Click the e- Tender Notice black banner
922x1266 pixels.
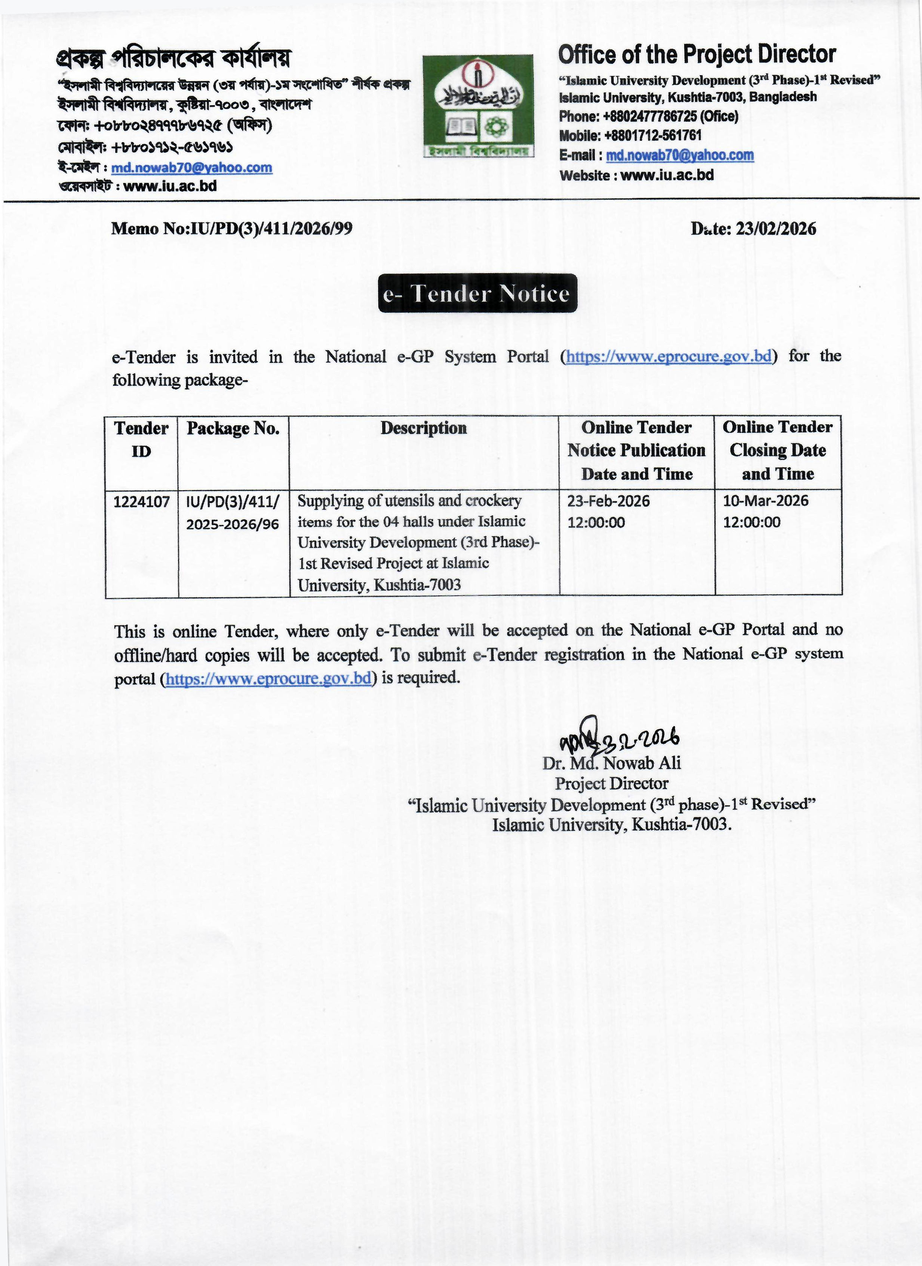[x=477, y=293]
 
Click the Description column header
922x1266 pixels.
[x=424, y=428]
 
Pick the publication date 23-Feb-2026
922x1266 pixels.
[x=608, y=501]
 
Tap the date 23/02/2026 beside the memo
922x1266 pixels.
[x=776, y=229]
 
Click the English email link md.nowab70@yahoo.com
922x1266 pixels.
[x=680, y=155]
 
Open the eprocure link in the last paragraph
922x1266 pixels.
[x=269, y=679]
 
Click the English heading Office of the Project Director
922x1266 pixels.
[x=697, y=55]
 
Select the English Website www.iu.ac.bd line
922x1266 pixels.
[x=636, y=175]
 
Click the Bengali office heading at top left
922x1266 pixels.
[x=173, y=58]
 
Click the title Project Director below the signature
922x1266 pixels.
[x=611, y=784]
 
